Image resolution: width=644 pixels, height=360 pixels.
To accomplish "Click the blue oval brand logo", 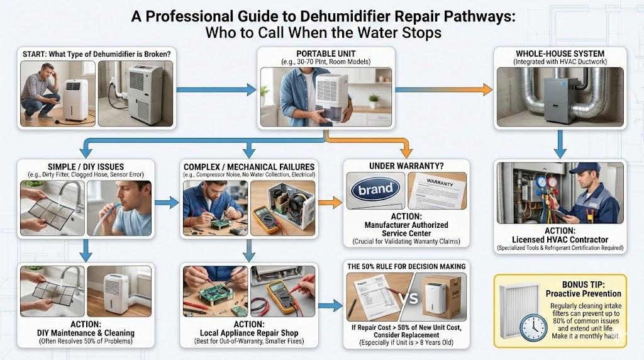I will (x=375, y=189).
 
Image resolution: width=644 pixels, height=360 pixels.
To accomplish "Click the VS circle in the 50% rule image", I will (x=409, y=297).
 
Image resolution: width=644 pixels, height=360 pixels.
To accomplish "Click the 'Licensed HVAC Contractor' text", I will (x=560, y=239).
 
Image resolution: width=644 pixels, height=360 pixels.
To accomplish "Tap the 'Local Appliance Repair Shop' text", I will (x=250, y=333).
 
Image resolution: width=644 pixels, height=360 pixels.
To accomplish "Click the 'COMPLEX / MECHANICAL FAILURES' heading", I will (x=249, y=167).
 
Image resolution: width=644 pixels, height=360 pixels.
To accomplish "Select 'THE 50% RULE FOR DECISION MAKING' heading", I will (x=406, y=266).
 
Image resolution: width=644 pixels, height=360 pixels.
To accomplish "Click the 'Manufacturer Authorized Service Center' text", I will (x=406, y=229).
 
